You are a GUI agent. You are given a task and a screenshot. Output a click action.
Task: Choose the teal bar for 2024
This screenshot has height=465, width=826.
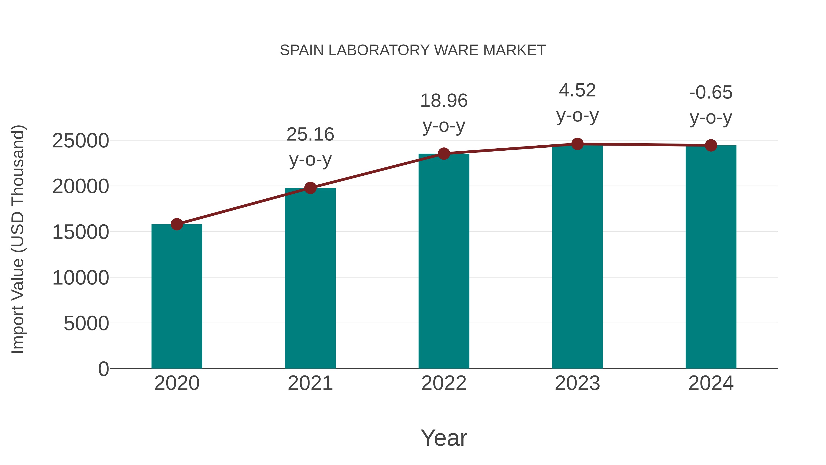point(711,257)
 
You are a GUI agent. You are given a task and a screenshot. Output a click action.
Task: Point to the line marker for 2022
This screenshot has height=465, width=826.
point(444,154)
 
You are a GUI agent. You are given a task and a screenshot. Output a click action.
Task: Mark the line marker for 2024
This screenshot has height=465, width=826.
point(711,145)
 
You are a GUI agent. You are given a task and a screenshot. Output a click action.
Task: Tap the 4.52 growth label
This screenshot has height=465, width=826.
point(577,90)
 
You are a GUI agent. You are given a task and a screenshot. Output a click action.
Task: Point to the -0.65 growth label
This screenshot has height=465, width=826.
point(711,92)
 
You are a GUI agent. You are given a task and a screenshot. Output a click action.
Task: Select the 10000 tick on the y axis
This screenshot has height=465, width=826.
point(81,278)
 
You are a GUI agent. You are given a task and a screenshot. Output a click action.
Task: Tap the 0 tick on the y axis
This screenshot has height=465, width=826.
point(103,369)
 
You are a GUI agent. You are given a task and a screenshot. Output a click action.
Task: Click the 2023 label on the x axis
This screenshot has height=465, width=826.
point(577,383)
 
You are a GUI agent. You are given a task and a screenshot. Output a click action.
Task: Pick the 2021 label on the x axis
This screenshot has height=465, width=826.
point(310,383)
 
